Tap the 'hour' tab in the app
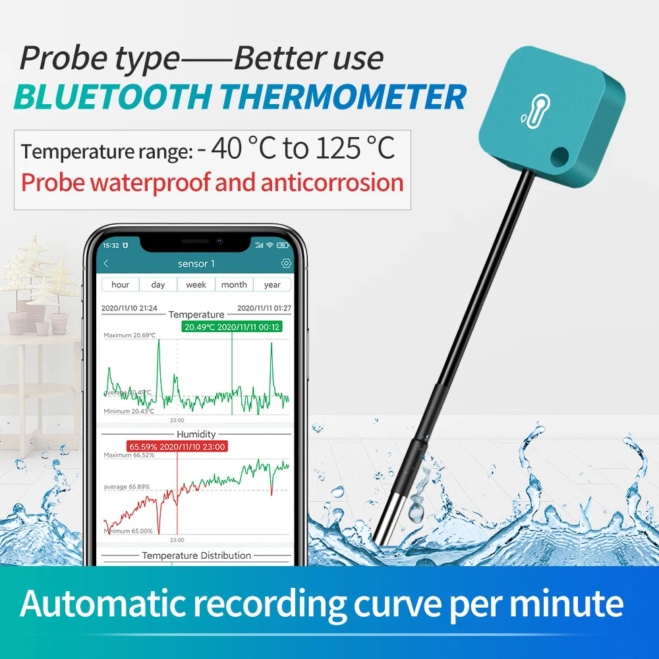click(x=120, y=285)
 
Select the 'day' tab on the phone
click(x=158, y=285)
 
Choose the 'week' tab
click(x=196, y=285)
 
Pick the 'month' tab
click(x=234, y=285)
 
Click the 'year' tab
click(x=272, y=285)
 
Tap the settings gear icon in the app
click(x=286, y=264)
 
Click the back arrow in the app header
click(x=106, y=264)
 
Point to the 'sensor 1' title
click(x=196, y=264)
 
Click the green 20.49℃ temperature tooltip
click(x=232, y=327)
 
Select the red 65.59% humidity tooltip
click(x=177, y=446)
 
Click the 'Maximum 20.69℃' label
click(x=130, y=335)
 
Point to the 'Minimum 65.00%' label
click(x=129, y=530)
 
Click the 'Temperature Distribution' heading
click(x=196, y=556)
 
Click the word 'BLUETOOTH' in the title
click(x=112, y=97)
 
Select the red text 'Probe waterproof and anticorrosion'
click(x=212, y=183)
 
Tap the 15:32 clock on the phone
click(x=111, y=245)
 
